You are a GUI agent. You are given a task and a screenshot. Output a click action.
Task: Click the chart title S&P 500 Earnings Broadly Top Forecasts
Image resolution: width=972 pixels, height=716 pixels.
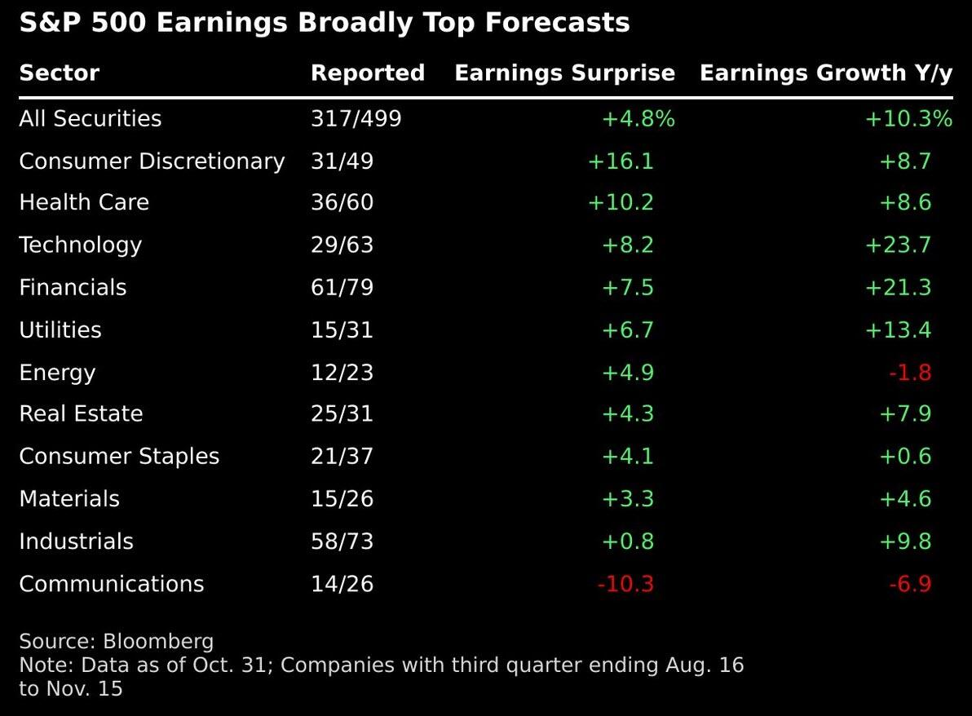click(x=325, y=23)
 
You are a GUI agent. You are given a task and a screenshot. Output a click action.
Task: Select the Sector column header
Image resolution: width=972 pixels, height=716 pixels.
click(x=59, y=73)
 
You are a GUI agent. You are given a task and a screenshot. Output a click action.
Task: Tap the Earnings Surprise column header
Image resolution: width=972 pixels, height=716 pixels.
click(x=564, y=73)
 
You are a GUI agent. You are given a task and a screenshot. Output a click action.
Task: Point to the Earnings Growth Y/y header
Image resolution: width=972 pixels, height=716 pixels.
click(x=825, y=73)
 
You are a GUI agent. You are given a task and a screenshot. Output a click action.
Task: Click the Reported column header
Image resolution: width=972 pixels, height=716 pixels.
click(x=368, y=73)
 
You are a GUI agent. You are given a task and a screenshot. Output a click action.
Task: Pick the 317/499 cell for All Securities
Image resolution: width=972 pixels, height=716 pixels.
click(x=356, y=119)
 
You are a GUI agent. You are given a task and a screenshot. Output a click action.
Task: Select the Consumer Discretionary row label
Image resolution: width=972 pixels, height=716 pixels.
click(x=152, y=161)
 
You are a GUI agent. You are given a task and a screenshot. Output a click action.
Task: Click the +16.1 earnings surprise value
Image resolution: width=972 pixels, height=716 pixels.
click(x=621, y=161)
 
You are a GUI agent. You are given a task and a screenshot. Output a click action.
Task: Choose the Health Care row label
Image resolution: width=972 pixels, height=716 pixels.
click(x=84, y=203)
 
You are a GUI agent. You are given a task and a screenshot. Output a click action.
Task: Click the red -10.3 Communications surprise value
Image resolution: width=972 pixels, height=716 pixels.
click(x=625, y=584)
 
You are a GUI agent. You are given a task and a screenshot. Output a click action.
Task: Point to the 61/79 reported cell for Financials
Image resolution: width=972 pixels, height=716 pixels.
click(x=342, y=288)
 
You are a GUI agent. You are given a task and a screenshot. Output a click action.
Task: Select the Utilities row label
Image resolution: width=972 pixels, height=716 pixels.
click(x=60, y=330)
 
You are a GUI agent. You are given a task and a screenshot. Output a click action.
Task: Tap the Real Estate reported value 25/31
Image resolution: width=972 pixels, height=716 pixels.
click(x=342, y=414)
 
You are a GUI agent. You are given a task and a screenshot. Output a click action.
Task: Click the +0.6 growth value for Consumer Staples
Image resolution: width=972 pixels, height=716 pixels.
click(x=904, y=457)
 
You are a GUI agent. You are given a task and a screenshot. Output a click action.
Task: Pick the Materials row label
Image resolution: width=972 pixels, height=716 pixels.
click(x=69, y=499)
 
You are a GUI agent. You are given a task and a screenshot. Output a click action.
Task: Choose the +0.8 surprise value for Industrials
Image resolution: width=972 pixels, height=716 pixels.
click(x=627, y=541)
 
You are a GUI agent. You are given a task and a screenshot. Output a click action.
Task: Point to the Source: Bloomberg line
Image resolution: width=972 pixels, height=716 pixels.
click(x=116, y=641)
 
